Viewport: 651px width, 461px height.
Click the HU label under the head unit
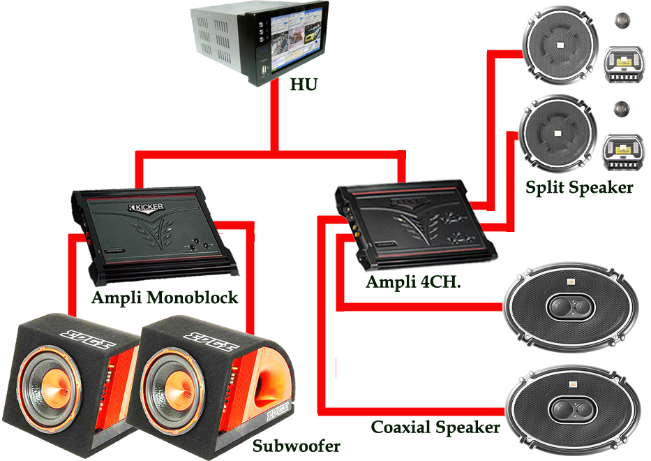tap(304, 85)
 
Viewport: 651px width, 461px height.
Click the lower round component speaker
tap(560, 133)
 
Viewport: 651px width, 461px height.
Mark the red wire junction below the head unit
tap(277, 149)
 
